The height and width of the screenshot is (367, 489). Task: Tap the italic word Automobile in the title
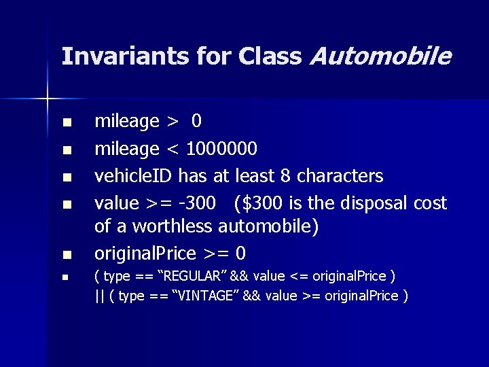point(379,56)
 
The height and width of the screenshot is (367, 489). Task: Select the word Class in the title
point(270,56)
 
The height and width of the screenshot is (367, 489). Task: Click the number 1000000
point(221,149)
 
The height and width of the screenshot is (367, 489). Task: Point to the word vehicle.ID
point(134,176)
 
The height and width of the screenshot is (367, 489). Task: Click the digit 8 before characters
point(285,176)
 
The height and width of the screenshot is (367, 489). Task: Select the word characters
point(340,176)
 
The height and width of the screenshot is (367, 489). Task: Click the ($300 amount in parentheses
point(259,203)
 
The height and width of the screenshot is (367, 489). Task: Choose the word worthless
point(173,226)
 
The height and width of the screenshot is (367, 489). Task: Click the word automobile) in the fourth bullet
point(268,226)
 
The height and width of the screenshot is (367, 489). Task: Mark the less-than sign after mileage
point(173,149)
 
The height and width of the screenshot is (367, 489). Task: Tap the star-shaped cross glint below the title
point(48,99)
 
